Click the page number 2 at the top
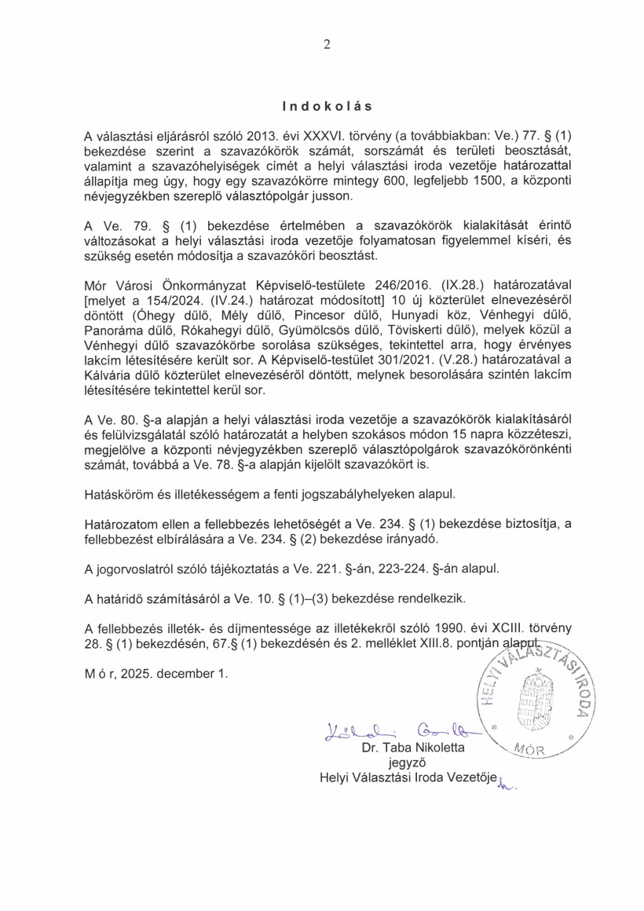pyautogui.click(x=326, y=45)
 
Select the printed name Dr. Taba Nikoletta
pyautogui.click(x=413, y=748)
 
